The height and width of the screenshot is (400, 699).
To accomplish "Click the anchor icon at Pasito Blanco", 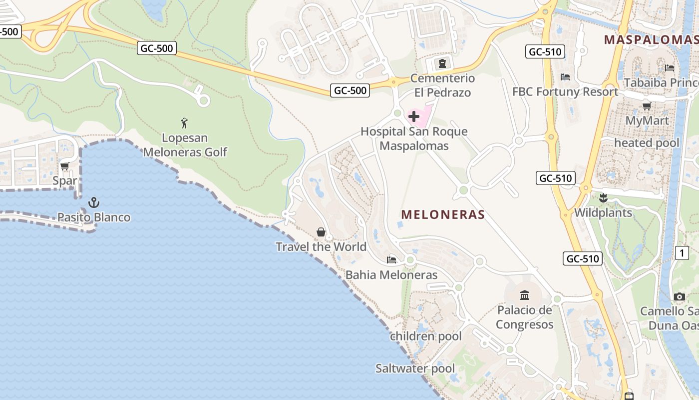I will point(93,202).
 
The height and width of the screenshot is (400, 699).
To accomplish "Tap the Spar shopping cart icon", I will point(64,166).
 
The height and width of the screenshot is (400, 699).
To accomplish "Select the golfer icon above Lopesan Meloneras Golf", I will point(184,123).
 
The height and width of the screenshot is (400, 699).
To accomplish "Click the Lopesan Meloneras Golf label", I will point(185,145).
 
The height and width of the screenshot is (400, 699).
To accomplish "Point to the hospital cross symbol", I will point(414,117).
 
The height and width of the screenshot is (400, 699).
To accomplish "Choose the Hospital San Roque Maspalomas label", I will point(414,138).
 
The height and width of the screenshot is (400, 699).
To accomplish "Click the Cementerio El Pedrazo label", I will point(442,85).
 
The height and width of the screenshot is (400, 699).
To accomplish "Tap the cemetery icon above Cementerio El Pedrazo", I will point(442,63).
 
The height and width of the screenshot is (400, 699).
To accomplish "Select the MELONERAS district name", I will point(443,214).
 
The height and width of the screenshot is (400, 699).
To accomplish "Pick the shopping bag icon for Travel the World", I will point(321,232).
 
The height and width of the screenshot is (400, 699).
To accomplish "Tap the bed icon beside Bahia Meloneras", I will point(391,259).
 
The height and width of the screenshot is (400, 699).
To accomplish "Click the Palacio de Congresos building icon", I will point(524,295).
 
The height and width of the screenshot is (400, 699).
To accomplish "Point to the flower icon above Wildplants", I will point(603,197).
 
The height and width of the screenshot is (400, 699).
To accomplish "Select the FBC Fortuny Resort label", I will point(565,91).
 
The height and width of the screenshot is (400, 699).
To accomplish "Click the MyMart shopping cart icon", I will point(647,105).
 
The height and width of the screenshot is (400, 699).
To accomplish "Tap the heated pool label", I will point(647,143).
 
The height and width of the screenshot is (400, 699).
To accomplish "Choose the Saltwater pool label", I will point(415,369).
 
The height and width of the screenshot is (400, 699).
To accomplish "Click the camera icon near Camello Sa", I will point(679,296).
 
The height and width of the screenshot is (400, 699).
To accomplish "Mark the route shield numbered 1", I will point(682,253).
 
